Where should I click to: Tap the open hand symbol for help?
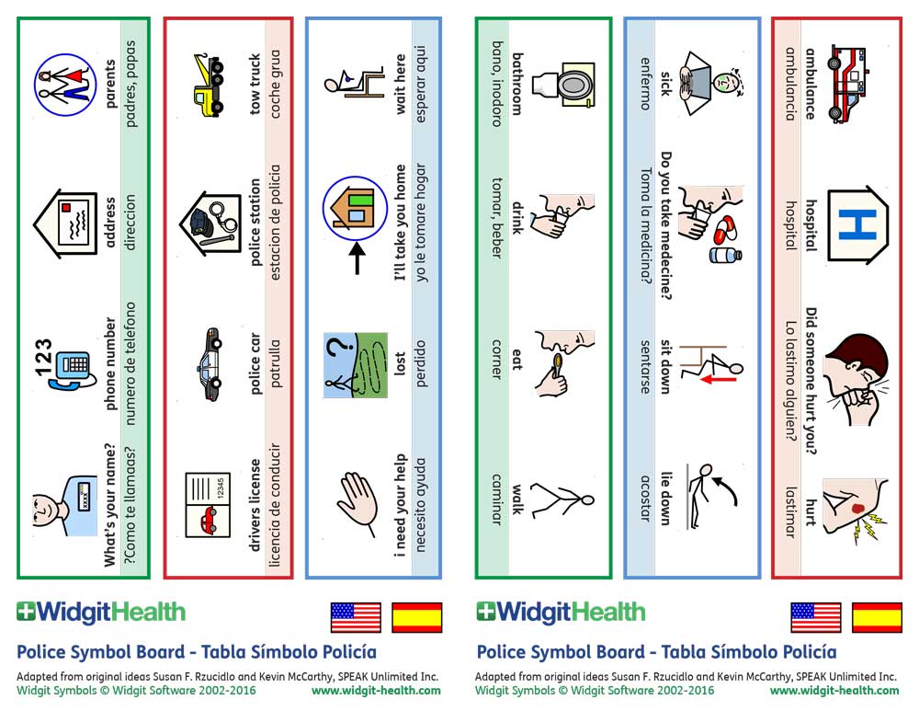point(355,501)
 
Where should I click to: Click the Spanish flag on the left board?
point(417,617)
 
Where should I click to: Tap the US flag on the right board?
point(815,617)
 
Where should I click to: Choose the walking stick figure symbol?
point(563,501)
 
